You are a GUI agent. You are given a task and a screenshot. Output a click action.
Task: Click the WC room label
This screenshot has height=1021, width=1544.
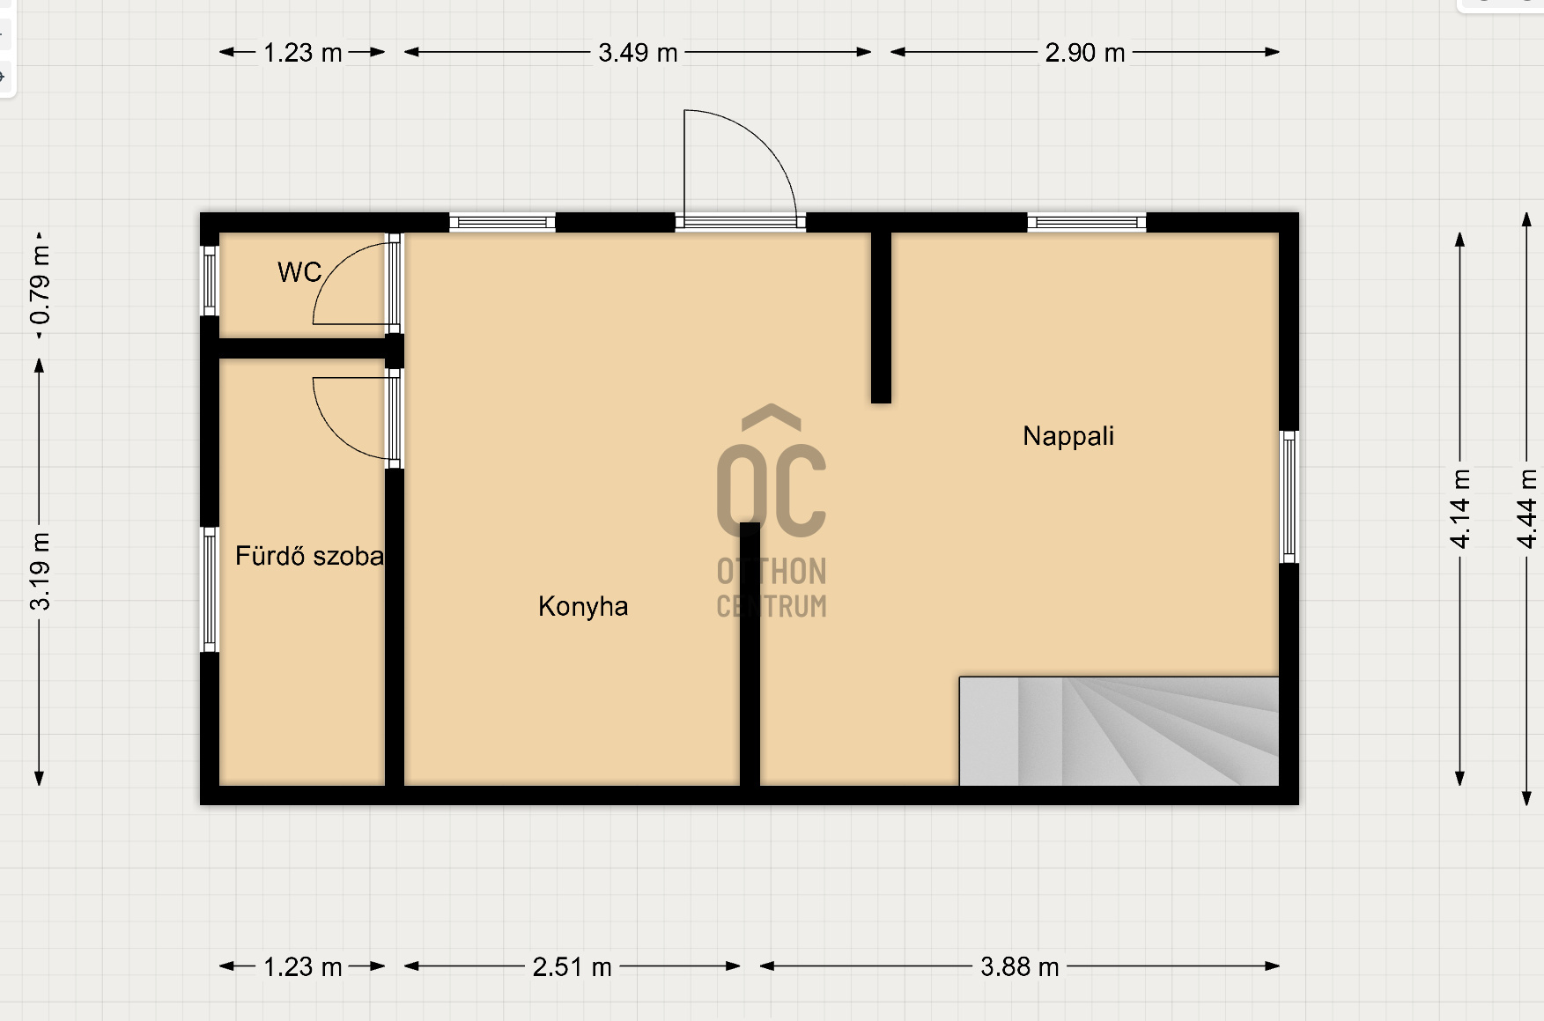299,272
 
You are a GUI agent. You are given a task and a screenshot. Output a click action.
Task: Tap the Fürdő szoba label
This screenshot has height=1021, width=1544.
309,556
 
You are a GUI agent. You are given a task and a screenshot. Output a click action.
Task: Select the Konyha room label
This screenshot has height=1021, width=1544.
583,607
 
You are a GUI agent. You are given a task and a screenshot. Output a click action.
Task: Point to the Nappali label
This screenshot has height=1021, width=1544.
1068,436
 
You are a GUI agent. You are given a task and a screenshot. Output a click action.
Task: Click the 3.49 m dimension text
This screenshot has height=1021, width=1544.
638,53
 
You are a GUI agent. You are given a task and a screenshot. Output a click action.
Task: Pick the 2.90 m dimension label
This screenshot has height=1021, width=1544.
1085,53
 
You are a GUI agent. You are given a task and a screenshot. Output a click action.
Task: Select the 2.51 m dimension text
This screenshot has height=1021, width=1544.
572,967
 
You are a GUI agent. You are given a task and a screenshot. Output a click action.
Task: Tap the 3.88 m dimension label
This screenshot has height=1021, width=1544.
1019,967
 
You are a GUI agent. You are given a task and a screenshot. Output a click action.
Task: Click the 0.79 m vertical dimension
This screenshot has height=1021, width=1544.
41,285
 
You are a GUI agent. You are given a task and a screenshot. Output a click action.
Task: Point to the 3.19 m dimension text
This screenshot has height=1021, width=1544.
41,572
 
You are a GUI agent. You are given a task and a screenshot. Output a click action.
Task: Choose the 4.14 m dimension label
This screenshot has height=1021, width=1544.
1460,508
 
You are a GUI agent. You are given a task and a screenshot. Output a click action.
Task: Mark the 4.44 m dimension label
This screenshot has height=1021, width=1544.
1527,508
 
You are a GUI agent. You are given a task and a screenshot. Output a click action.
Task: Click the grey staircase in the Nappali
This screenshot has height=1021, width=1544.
1119,731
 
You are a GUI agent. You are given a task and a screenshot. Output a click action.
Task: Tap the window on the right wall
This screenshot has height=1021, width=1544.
1289,497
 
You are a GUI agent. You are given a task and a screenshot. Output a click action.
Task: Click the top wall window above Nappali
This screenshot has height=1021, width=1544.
1087,223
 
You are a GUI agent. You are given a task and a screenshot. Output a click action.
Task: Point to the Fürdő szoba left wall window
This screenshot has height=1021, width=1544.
210,589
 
